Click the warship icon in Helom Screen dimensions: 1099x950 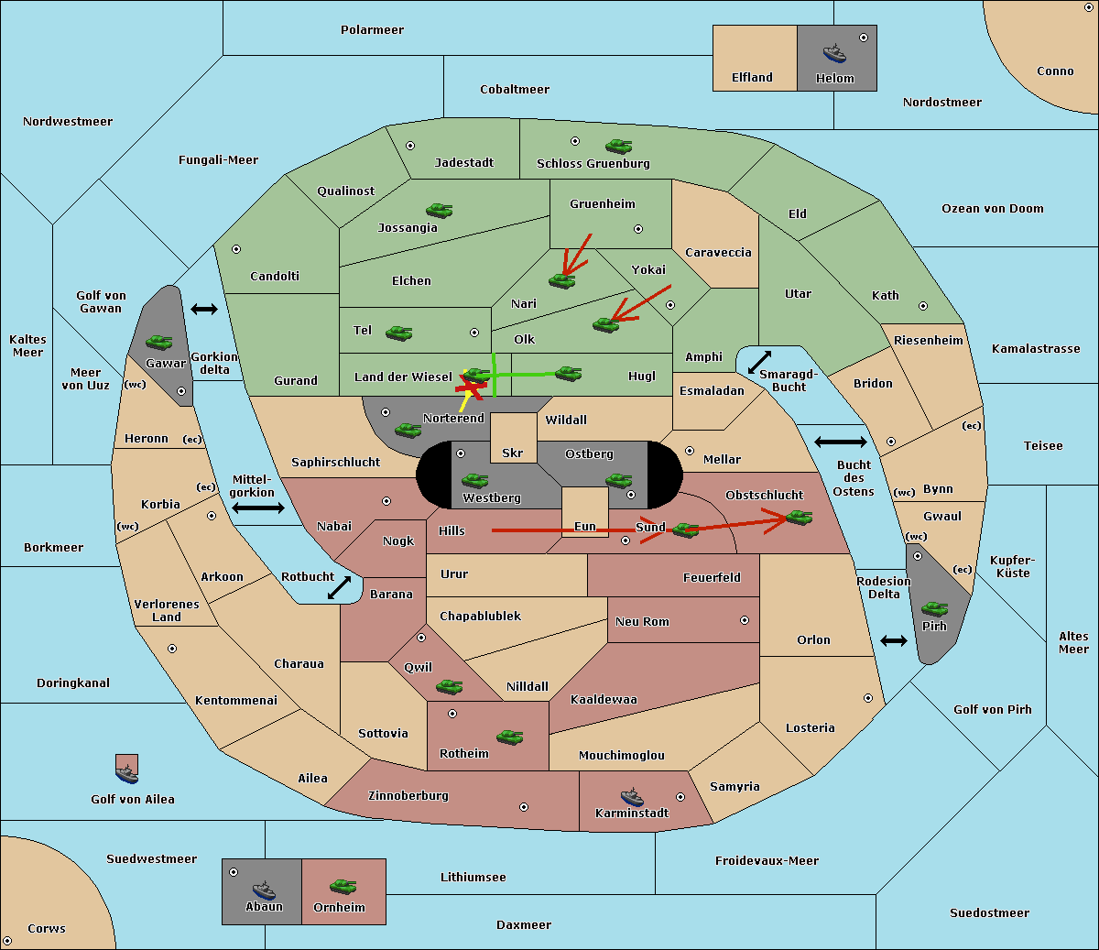pos(834,53)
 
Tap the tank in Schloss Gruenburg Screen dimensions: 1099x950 pos(619,146)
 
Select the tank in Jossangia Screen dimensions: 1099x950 pos(440,210)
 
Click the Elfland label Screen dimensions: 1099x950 pos(752,78)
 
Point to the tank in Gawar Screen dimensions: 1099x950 pos(159,342)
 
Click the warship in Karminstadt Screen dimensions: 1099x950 pos(632,797)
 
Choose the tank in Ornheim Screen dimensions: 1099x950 pos(343,886)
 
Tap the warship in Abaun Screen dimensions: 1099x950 pos(264,890)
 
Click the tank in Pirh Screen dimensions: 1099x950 pos(935,608)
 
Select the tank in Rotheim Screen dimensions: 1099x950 pos(510,737)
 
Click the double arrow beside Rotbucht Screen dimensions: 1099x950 pos(339,588)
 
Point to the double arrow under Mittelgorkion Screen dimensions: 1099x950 pos(258,508)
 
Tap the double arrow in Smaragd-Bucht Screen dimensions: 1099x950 pos(759,362)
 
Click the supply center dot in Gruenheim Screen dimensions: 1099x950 pos(638,229)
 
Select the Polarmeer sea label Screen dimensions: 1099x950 pos(372,30)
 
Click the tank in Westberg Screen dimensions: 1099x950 pos(475,480)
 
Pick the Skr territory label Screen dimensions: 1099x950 pos(513,453)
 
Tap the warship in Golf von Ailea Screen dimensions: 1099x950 pos(127,774)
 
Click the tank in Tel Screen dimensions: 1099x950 pos(398,333)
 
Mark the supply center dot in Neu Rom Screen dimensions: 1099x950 pos(745,620)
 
